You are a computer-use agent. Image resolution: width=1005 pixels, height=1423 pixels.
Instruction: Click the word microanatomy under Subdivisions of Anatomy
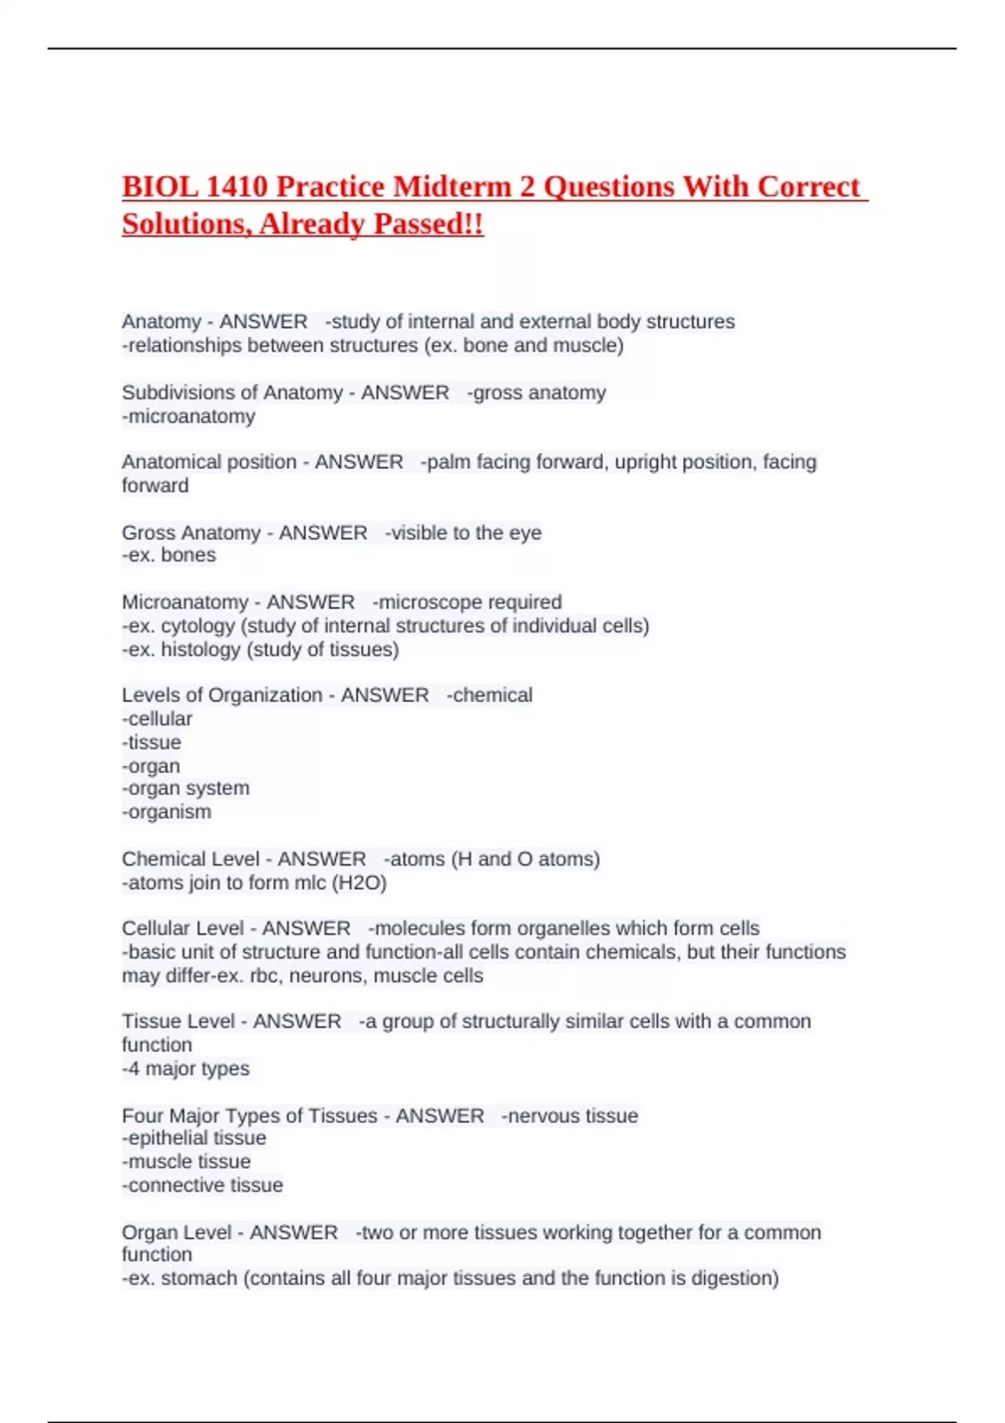[191, 416]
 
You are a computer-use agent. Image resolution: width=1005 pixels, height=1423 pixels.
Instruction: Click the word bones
[188, 555]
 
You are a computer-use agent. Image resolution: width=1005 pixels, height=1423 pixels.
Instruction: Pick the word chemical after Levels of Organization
[492, 696]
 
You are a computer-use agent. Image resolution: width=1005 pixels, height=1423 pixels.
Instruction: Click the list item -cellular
[157, 719]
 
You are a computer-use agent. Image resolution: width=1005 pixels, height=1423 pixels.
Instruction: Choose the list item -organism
[167, 812]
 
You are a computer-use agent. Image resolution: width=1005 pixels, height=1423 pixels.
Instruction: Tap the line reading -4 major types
[186, 1069]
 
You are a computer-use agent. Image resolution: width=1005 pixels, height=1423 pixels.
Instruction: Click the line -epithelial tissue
[194, 1138]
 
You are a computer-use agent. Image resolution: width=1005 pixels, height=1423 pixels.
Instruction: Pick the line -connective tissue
[203, 1185]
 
